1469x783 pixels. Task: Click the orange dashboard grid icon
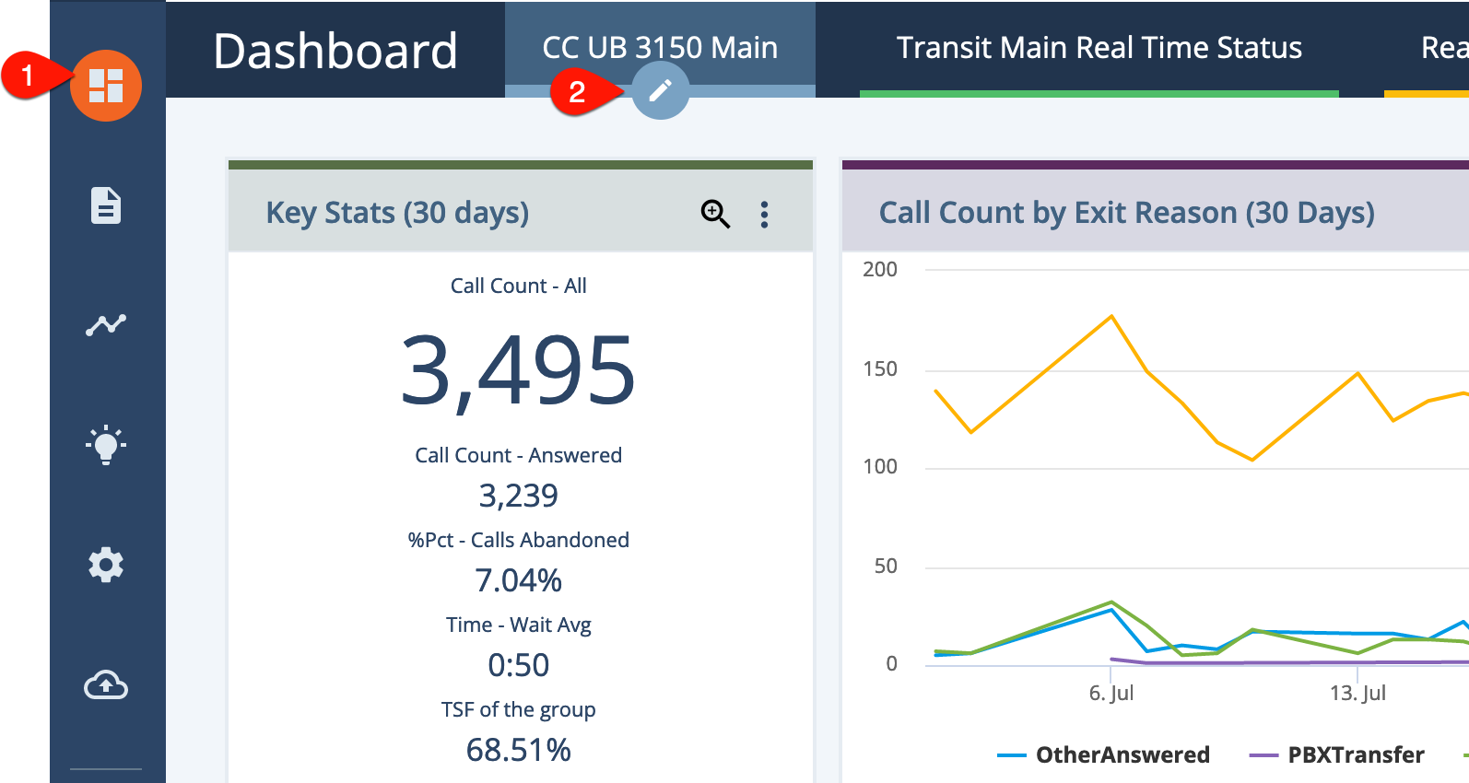tap(106, 86)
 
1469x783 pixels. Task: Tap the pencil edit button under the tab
tap(661, 90)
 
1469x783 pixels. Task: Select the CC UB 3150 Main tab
tap(660, 48)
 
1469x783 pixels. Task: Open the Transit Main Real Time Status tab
tap(1099, 48)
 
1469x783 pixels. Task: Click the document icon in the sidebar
tap(106, 206)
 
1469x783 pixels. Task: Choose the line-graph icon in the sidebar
tap(106, 324)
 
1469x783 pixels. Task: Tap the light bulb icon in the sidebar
tap(106, 445)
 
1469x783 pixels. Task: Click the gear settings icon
tap(106, 565)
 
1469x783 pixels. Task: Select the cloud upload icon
tap(106, 684)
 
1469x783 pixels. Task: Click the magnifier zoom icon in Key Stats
tap(715, 214)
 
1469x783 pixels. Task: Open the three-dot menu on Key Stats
tap(764, 215)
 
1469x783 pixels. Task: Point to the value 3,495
tap(518, 370)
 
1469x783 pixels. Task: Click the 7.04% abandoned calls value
tap(518, 579)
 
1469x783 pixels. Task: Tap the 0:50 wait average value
tap(518, 664)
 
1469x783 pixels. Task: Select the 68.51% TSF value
tap(518, 750)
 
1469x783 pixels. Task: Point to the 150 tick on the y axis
tap(880, 368)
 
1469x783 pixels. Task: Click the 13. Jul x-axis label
tap(1357, 693)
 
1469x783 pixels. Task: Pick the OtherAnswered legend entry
tap(1103, 754)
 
